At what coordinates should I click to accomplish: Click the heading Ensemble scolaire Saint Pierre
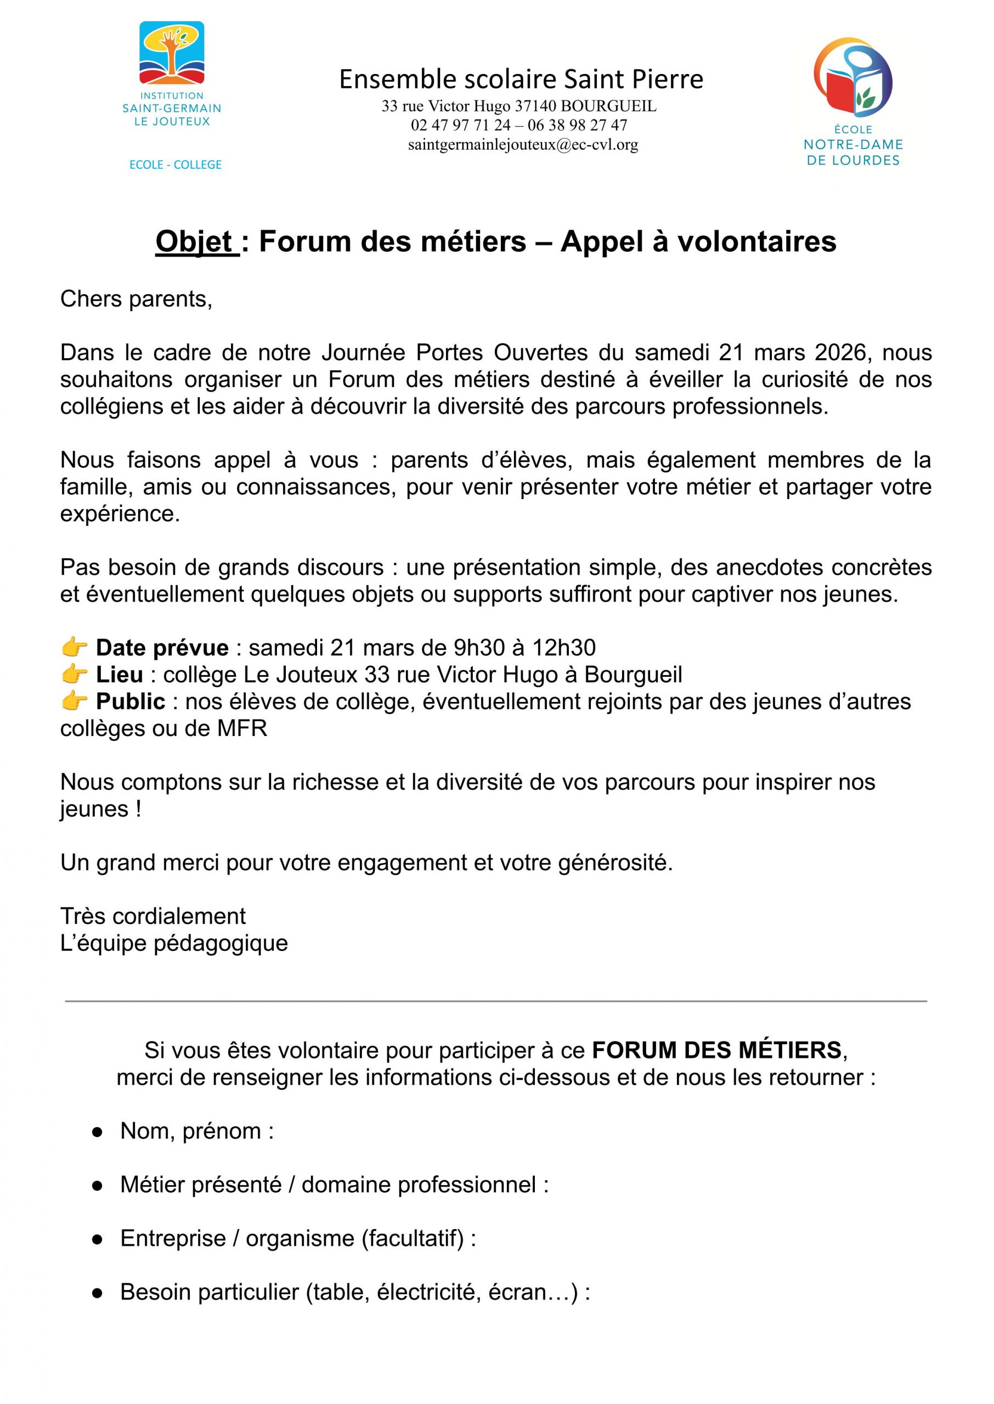(x=521, y=80)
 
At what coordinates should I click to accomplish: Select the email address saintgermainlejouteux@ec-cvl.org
(x=523, y=145)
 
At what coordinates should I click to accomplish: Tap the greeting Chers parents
(x=136, y=299)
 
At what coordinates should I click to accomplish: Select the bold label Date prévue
(x=162, y=647)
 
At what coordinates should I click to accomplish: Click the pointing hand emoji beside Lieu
(x=75, y=674)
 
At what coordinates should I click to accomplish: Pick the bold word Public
(x=131, y=701)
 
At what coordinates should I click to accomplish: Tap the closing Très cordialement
(x=153, y=916)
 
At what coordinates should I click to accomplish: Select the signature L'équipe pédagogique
(x=174, y=943)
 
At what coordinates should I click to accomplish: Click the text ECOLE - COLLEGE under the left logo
(x=176, y=165)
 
